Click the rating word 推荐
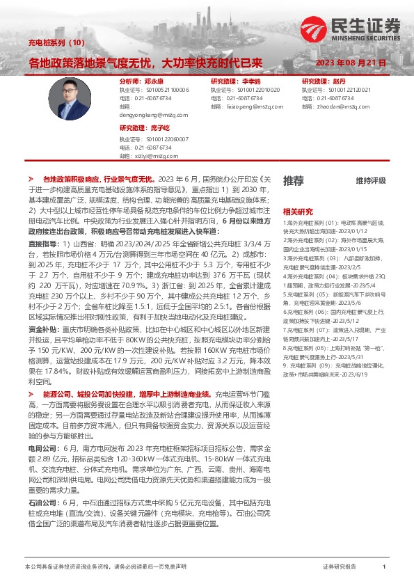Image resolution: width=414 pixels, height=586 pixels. point(293,181)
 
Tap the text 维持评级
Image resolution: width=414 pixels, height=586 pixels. point(370,181)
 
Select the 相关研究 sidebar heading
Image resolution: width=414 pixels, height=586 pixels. point(297,211)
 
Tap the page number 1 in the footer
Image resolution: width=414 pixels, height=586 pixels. point(384,567)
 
